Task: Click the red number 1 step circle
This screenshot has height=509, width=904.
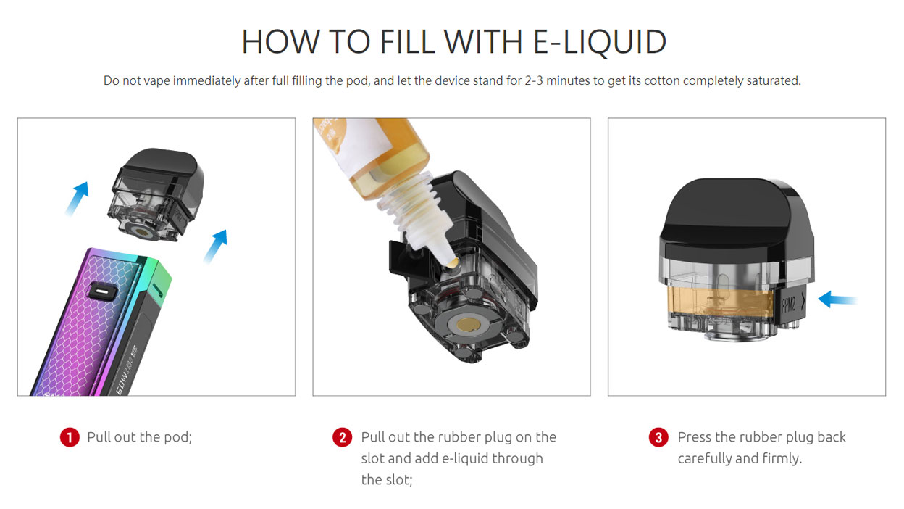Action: point(69,438)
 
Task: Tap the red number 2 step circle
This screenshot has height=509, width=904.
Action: point(342,438)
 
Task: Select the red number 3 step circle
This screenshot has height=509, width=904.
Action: point(658,438)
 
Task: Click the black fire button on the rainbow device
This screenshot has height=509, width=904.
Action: point(101,290)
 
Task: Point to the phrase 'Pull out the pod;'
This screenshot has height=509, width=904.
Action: point(139,437)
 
